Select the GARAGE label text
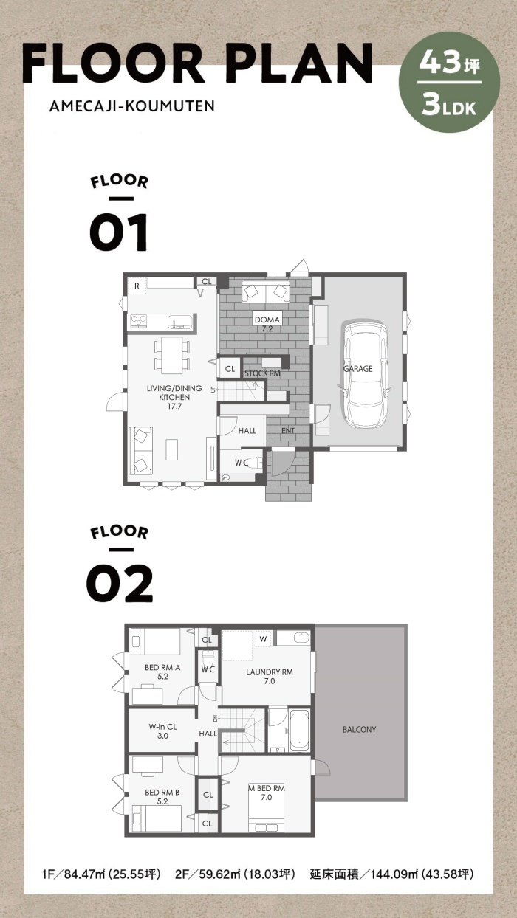pyautogui.click(x=357, y=368)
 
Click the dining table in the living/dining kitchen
pyautogui.click(x=172, y=355)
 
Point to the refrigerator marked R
pyautogui.click(x=137, y=286)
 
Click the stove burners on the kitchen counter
pyautogui.click(x=139, y=321)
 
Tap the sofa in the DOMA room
pyautogui.click(x=265, y=291)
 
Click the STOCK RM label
pyautogui.click(x=263, y=373)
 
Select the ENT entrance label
pyautogui.click(x=288, y=430)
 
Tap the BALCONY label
pyautogui.click(x=359, y=729)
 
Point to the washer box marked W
pyautogui.click(x=263, y=639)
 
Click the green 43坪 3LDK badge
pyautogui.click(x=450, y=82)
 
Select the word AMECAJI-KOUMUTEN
pyautogui.click(x=132, y=106)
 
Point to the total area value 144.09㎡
pyautogui.click(x=394, y=874)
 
